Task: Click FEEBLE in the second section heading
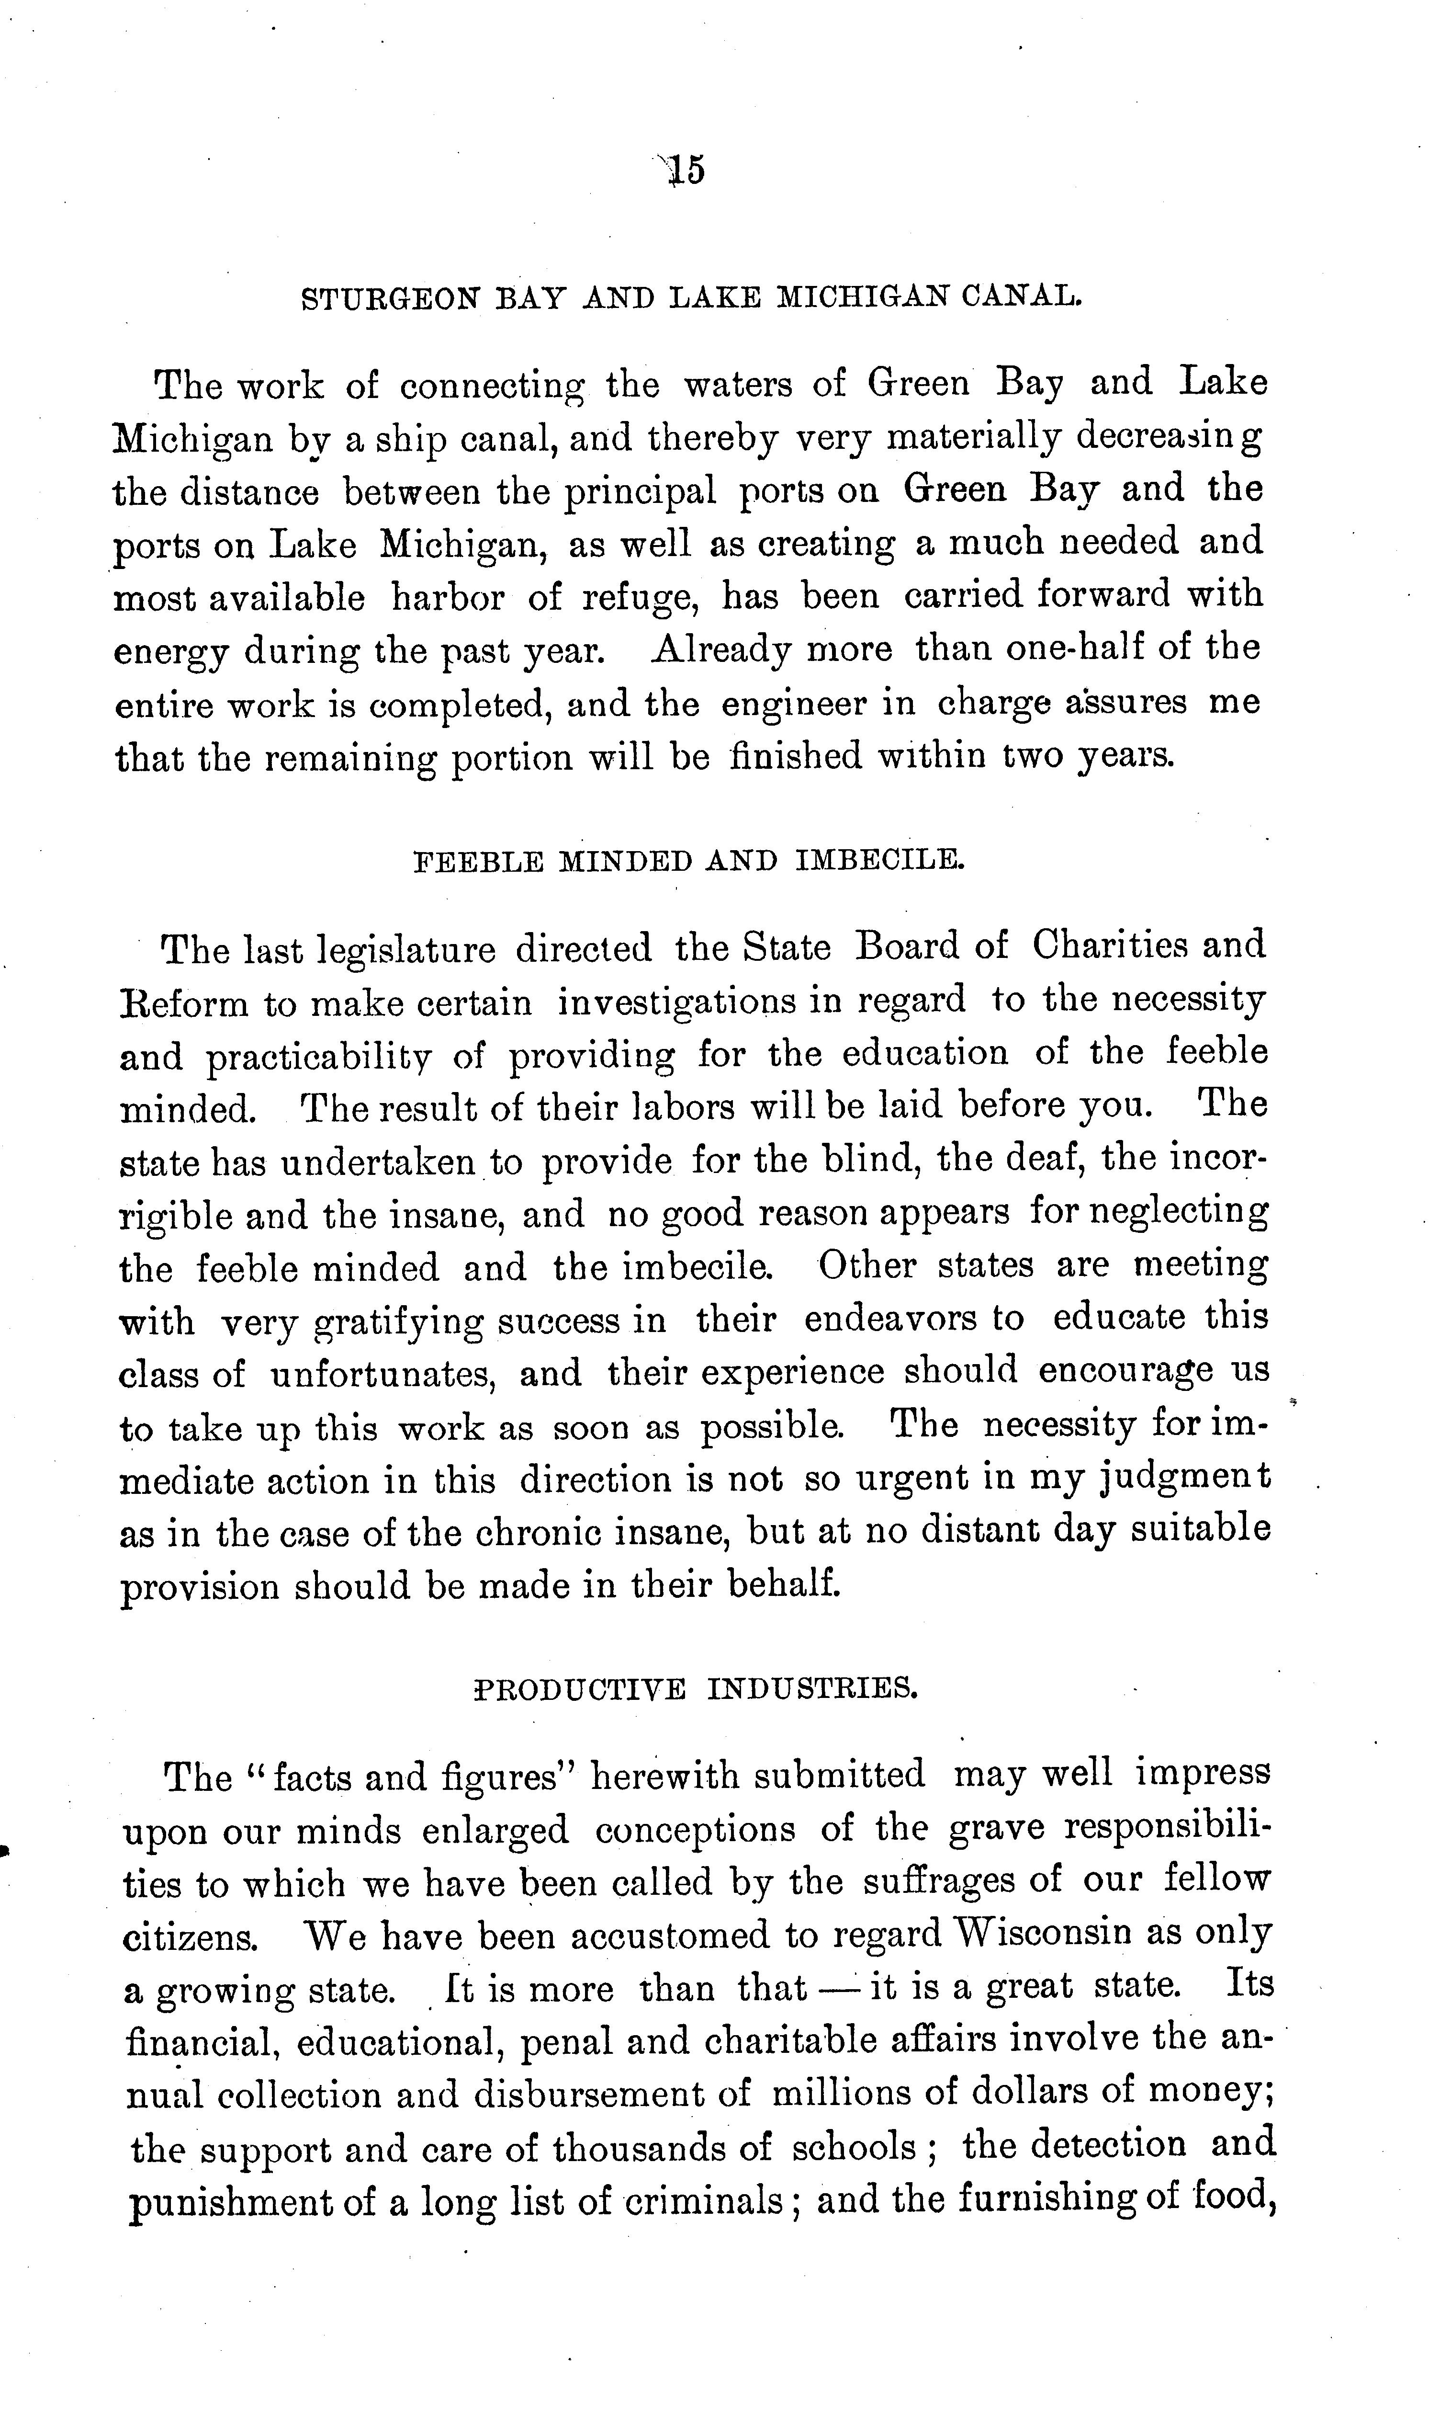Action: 477,861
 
